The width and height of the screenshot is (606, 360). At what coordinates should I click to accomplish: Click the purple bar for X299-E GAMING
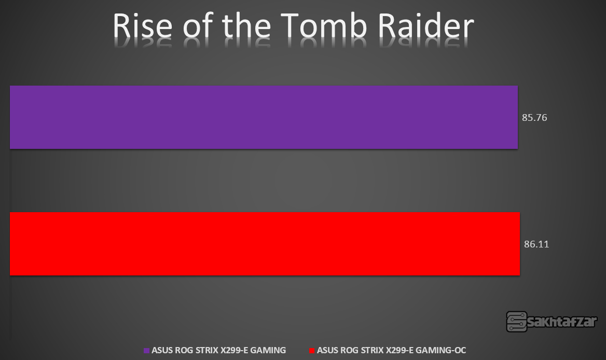click(x=264, y=117)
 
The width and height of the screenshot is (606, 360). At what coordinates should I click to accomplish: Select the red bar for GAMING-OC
click(x=265, y=244)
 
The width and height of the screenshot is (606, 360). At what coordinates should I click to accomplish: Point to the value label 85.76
click(x=534, y=117)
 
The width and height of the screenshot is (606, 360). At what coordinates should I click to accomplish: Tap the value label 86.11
click(x=536, y=244)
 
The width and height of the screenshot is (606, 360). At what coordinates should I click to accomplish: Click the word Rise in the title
click(x=143, y=26)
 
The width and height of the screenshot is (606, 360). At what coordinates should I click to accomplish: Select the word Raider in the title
click(x=426, y=26)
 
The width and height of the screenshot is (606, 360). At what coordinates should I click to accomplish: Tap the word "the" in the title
click(x=246, y=26)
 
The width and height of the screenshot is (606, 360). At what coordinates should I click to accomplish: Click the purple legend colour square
click(x=146, y=351)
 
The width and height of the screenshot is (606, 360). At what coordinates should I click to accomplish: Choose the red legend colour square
click(x=312, y=351)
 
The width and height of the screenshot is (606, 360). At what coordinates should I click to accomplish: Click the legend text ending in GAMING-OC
click(x=392, y=350)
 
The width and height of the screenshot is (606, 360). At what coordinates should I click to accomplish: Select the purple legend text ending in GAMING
click(x=219, y=350)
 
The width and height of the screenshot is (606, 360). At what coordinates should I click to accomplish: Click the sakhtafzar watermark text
click(x=562, y=322)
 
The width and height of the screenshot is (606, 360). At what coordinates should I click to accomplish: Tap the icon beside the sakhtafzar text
click(x=517, y=322)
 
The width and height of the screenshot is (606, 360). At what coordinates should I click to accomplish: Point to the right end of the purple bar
click(x=518, y=117)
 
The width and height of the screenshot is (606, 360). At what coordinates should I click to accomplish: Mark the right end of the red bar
click(x=520, y=244)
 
